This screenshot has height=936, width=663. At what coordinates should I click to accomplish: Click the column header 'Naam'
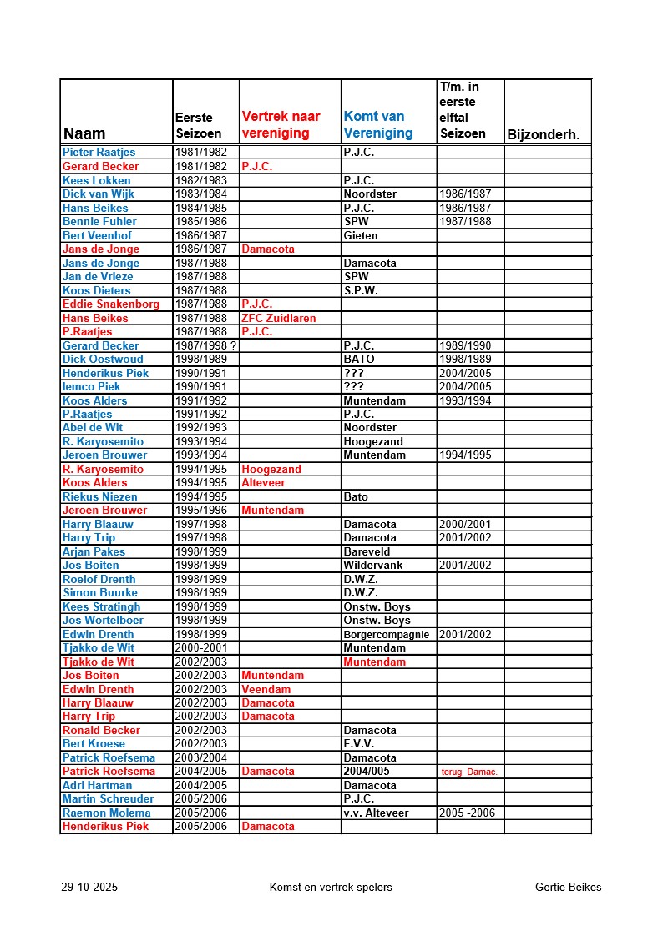point(84,133)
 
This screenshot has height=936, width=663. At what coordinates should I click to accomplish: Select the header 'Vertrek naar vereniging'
point(281,125)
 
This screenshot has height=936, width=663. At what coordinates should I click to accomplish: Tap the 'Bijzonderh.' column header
point(544,134)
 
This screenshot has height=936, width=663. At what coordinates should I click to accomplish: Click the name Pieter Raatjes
point(99,153)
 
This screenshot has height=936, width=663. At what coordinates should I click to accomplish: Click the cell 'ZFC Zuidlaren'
point(279,318)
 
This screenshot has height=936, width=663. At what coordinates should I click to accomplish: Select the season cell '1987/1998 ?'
point(200,345)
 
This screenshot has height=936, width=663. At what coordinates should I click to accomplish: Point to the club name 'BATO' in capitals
point(359,359)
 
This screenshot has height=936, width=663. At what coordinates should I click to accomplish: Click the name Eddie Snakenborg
point(110,304)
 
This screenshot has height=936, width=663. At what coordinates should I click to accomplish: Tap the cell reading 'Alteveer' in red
point(265,482)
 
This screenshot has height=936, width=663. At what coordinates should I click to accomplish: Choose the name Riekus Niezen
point(99,496)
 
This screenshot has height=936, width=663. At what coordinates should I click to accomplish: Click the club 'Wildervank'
point(372,565)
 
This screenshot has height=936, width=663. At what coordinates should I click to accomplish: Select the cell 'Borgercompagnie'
point(387,634)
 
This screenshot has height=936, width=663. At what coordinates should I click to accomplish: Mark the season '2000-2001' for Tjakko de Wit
point(200,647)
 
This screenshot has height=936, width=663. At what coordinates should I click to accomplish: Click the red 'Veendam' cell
point(266,689)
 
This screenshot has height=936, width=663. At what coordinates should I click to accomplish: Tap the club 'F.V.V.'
point(359,743)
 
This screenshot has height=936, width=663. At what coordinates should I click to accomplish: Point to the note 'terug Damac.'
point(468,772)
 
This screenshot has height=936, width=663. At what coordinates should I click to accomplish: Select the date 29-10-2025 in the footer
point(89,887)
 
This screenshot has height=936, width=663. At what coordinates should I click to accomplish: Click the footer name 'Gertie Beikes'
point(568,887)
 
